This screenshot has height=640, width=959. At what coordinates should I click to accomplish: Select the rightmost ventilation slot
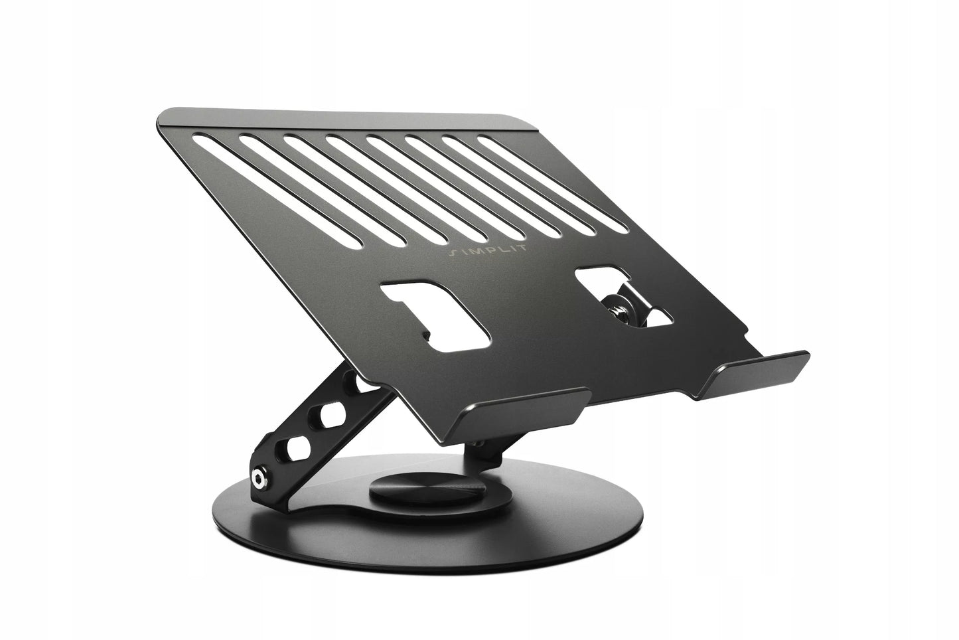pyautogui.click(x=553, y=185)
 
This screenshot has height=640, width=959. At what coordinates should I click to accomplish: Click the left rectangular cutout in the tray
pyautogui.click(x=437, y=316)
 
